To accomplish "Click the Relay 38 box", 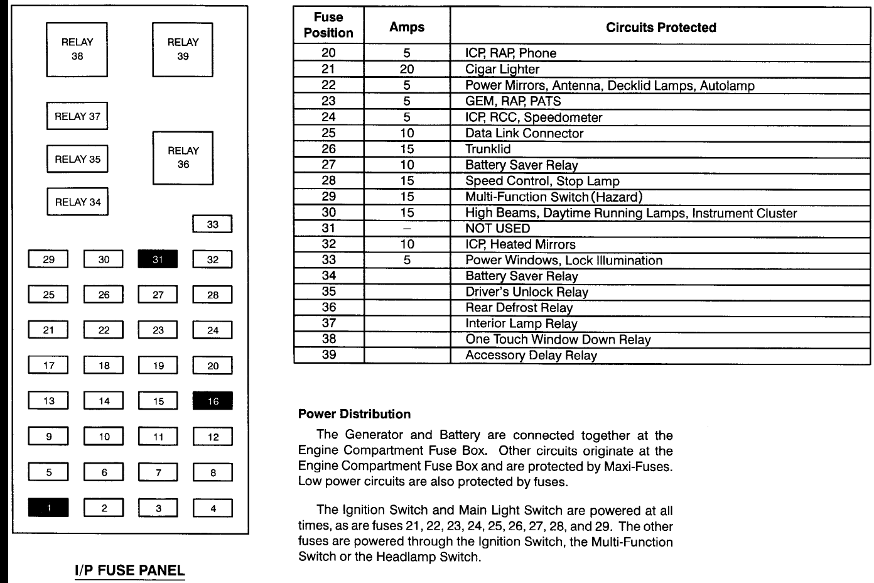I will tap(77, 50).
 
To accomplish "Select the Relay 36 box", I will tap(183, 158).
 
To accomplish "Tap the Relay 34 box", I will tap(77, 202).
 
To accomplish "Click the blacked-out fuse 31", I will tap(158, 259).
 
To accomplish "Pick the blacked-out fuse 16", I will tap(213, 401).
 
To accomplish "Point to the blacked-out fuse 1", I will tap(48, 508).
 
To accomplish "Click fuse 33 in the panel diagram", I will tap(212, 224).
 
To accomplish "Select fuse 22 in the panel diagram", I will tap(104, 330).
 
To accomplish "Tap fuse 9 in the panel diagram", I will tap(48, 437).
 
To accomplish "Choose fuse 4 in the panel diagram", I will tap(213, 508).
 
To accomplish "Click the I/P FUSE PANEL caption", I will tap(130, 570).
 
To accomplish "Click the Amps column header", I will tap(407, 27).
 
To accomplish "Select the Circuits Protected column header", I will tap(661, 28).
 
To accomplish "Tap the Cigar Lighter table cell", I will tap(502, 70).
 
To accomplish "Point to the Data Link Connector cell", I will tap(524, 133).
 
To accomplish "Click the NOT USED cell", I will tap(497, 229).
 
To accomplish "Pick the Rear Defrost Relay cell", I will tap(519, 308).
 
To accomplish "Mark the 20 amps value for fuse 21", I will tap(407, 70).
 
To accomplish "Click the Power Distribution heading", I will tap(354, 414).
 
